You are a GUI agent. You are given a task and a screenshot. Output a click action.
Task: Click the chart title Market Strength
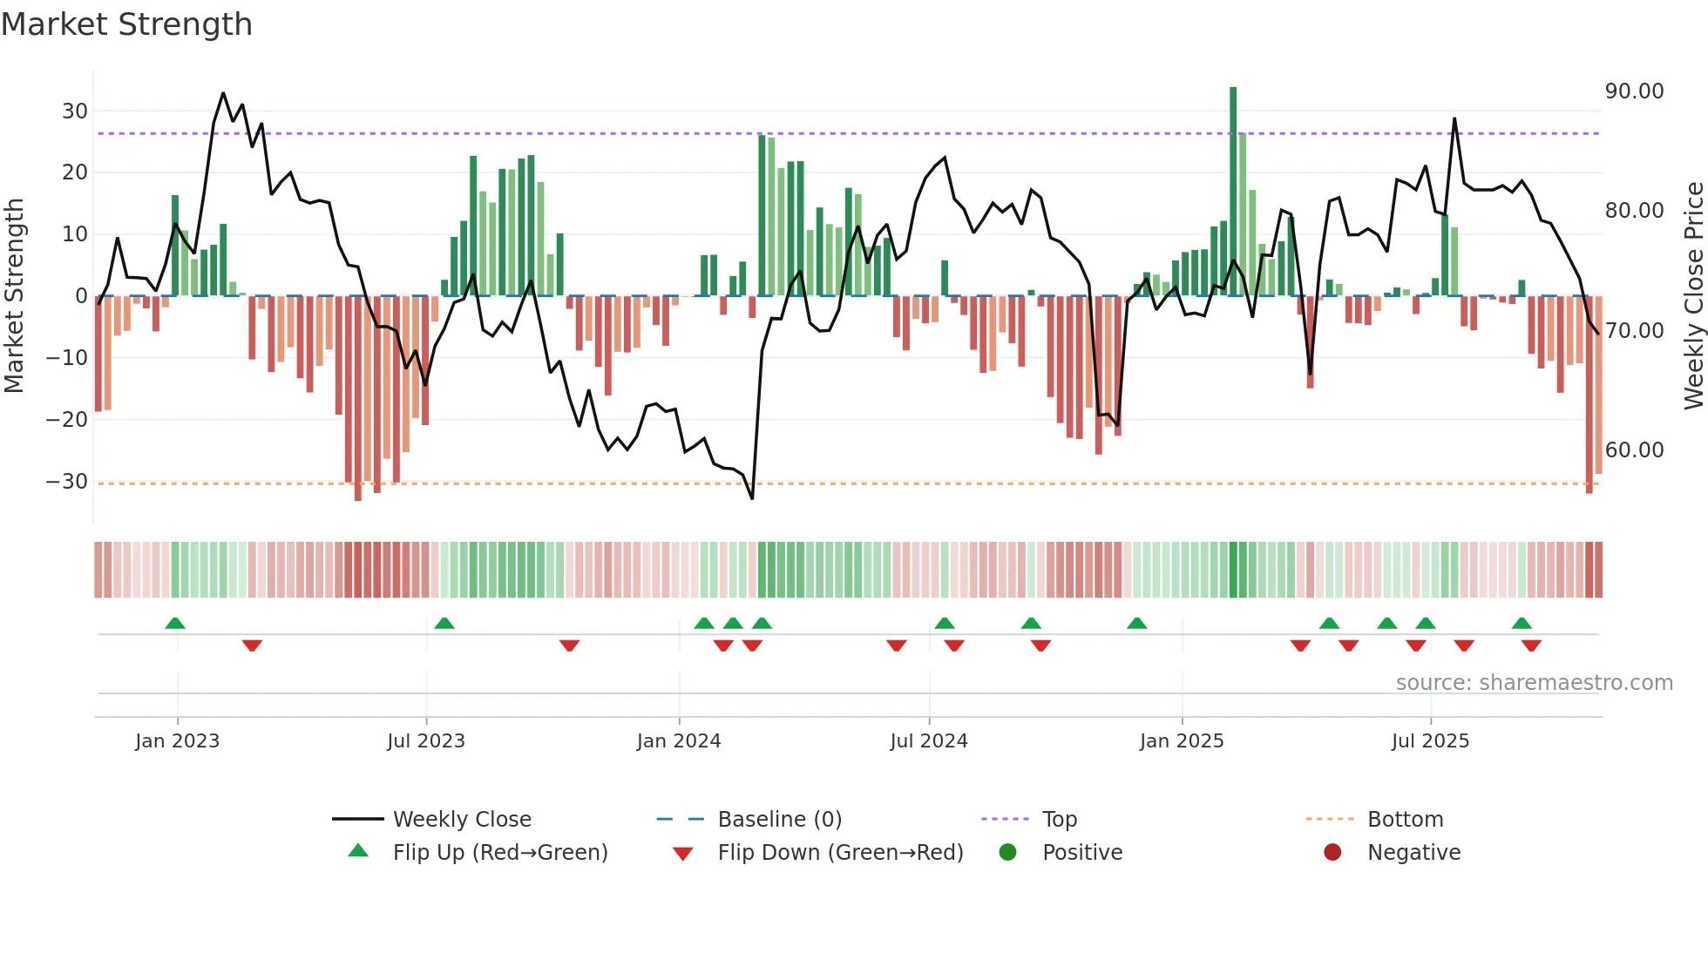pyautogui.click(x=126, y=24)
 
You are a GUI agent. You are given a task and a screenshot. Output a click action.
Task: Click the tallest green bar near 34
pyautogui.click(x=1233, y=192)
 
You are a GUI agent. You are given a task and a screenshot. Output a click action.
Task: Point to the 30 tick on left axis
pyautogui.click(x=75, y=112)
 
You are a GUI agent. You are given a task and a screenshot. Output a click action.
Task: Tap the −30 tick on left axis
pyautogui.click(x=67, y=482)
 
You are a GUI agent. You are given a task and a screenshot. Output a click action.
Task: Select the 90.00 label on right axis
pyautogui.click(x=1634, y=91)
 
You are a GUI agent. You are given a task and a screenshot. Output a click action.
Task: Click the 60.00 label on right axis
pyautogui.click(x=1634, y=450)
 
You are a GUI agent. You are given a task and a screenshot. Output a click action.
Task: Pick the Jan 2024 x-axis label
pyautogui.click(x=679, y=741)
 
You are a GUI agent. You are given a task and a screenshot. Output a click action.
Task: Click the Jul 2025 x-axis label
pyautogui.click(x=1430, y=741)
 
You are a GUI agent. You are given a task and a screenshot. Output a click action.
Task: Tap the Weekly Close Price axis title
pyautogui.click(x=1693, y=296)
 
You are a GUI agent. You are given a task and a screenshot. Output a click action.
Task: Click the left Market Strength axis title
pyautogui.click(x=14, y=296)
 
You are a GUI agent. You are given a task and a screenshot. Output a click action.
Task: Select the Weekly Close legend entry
pyautogui.click(x=461, y=820)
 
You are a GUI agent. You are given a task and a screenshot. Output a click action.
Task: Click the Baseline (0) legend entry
pyautogui.click(x=779, y=820)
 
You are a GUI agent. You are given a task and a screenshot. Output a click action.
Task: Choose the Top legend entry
pyautogui.click(x=1059, y=820)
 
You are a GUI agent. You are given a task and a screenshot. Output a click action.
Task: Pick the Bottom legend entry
pyautogui.click(x=1405, y=820)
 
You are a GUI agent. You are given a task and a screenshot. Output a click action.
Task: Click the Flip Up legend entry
pyautogui.click(x=499, y=853)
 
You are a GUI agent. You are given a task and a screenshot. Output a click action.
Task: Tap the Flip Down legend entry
pyautogui.click(x=840, y=853)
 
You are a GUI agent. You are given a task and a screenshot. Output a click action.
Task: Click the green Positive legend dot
pyautogui.click(x=1007, y=853)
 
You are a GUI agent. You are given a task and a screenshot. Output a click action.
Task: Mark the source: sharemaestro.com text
pyautogui.click(x=1534, y=683)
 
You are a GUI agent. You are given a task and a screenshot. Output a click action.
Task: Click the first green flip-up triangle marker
pyautogui.click(x=175, y=624)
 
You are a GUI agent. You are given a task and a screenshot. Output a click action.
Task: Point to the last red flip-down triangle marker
pyautogui.click(x=1531, y=646)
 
